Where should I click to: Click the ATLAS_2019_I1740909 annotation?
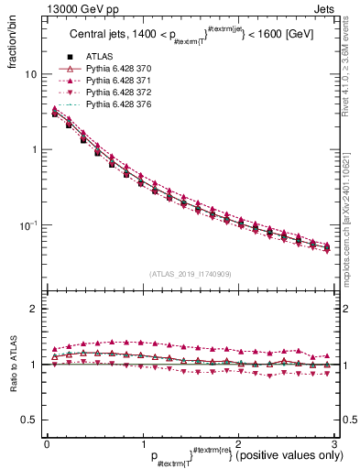click(x=191, y=274)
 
